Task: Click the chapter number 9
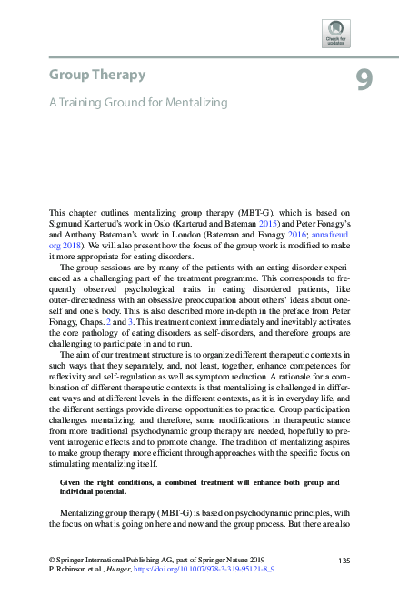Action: [363, 82]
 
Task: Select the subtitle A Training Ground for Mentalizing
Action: [138, 104]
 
